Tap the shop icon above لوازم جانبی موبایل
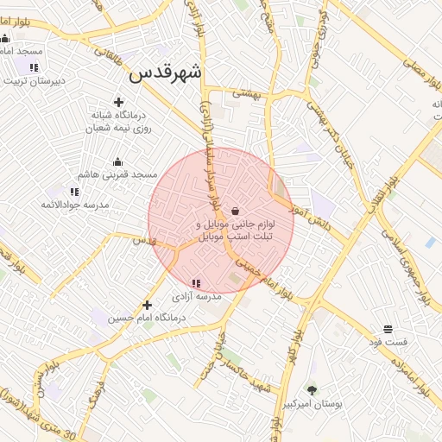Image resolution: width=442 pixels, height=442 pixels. pos(235,210)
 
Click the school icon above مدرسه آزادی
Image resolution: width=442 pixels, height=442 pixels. pos(195,282)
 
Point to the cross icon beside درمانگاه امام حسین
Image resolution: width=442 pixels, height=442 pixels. pos(147,304)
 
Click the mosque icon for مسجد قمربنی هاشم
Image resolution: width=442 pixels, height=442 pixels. pos(118,161)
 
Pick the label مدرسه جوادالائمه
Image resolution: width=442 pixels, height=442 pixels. pos(74,205)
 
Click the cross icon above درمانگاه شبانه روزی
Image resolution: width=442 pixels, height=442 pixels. pos(118,102)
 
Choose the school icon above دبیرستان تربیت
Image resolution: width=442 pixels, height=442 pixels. pos(34,67)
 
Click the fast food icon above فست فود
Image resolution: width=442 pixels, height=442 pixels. pos(388,329)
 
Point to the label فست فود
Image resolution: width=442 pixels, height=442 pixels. pos(388,342)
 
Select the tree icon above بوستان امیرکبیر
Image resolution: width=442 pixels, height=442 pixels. pos(313,389)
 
